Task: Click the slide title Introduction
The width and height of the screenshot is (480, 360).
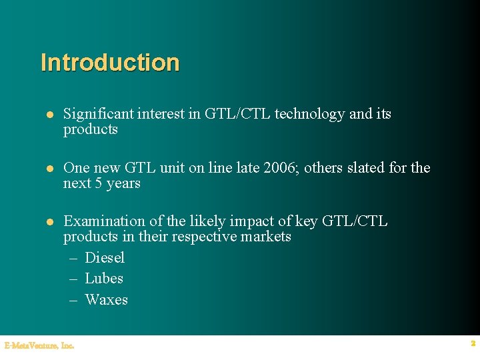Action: (x=110, y=63)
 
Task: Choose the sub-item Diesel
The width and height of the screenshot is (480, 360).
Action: (x=105, y=257)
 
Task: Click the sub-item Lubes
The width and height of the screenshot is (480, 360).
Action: (x=104, y=278)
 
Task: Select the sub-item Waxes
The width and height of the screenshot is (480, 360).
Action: (x=106, y=299)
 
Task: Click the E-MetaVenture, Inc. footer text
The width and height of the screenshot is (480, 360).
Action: (x=39, y=345)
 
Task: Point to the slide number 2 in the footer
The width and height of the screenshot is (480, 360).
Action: (x=473, y=343)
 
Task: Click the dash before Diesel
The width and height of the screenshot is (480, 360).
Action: (x=75, y=258)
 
